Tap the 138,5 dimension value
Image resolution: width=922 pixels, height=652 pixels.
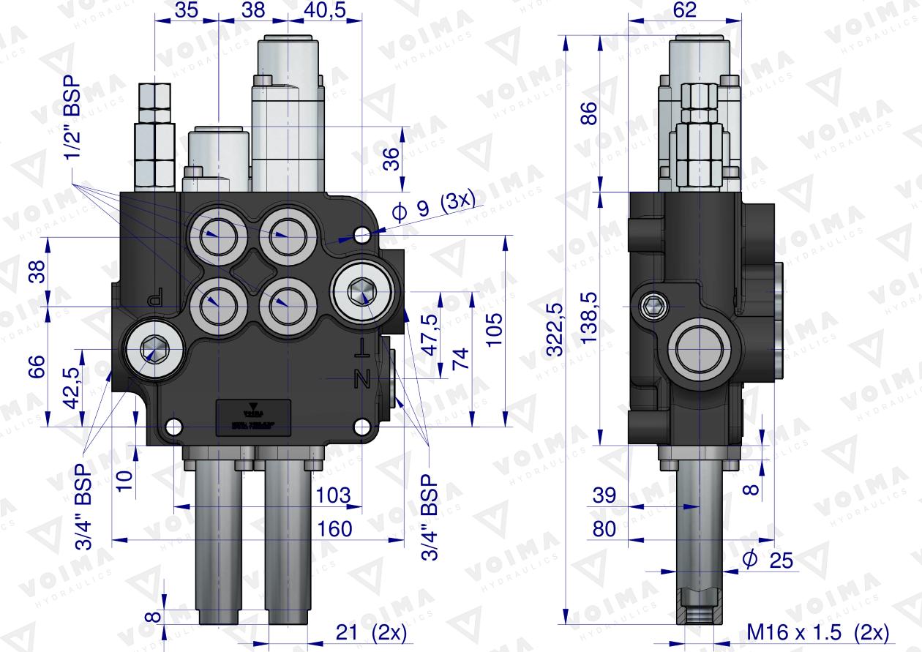pyautogui.click(x=590, y=318)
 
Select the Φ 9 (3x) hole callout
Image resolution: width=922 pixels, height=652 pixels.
pyautogui.click(x=433, y=211)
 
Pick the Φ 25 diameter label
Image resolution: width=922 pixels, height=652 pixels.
pyautogui.click(x=768, y=560)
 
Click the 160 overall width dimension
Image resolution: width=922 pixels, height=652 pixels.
pyautogui.click(x=336, y=528)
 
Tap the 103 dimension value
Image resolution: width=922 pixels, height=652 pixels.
pyautogui.click(x=334, y=495)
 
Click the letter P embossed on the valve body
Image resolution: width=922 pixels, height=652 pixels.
pyautogui.click(x=154, y=298)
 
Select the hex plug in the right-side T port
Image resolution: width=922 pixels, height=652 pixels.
pyautogui.click(x=361, y=291)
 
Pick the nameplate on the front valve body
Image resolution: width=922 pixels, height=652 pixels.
pyautogui.click(x=252, y=417)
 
